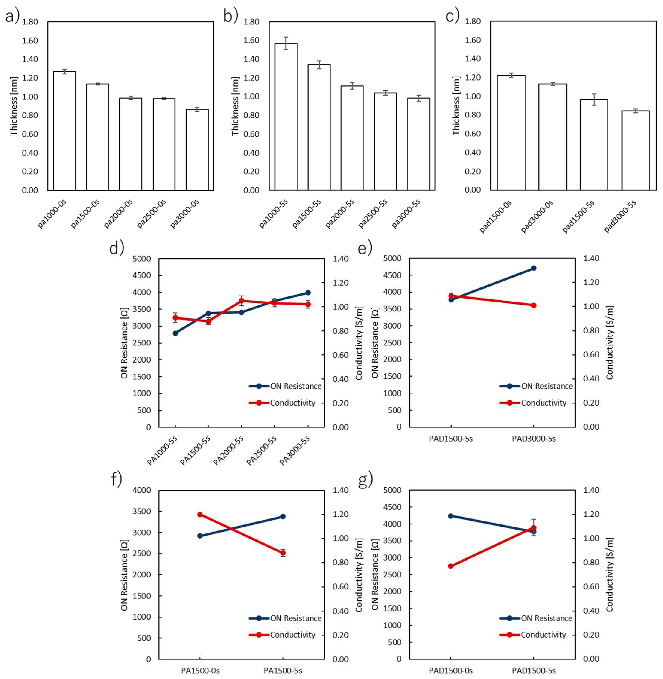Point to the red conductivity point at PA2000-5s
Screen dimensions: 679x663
point(241,301)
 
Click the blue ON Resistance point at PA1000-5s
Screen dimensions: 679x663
point(175,333)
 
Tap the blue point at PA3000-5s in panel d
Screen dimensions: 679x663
point(308,293)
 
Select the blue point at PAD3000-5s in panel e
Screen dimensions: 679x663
point(534,268)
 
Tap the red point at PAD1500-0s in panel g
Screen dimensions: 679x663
point(451,566)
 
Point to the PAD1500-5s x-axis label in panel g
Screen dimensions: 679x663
point(534,670)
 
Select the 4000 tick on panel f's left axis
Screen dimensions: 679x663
point(141,490)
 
